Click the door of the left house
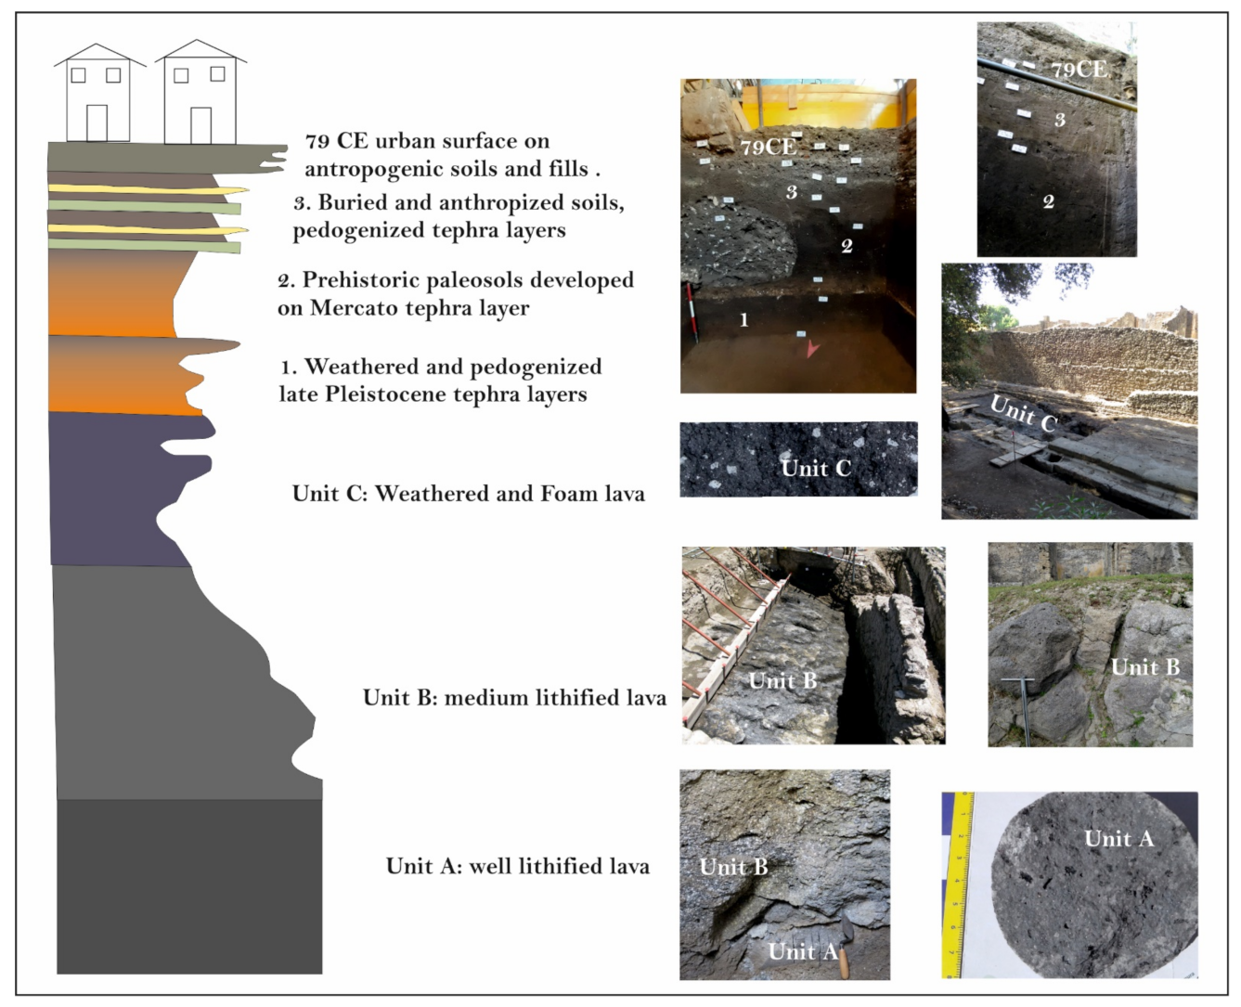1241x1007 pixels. [x=97, y=123]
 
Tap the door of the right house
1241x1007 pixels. [x=200, y=125]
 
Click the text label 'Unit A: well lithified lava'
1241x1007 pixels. [x=517, y=867]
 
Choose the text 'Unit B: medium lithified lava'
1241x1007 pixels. [x=514, y=698]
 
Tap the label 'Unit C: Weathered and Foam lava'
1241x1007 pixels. [x=468, y=494]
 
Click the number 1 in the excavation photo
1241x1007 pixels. [x=743, y=320]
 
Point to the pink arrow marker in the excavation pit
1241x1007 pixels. [x=813, y=349]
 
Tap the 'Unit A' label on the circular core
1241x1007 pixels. [x=1118, y=839]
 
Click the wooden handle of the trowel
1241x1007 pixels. [x=845, y=962]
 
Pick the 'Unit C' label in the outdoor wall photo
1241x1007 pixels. [x=1023, y=414]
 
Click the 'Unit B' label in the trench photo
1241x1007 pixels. [x=782, y=681]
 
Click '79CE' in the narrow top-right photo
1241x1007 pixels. [x=1079, y=70]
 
